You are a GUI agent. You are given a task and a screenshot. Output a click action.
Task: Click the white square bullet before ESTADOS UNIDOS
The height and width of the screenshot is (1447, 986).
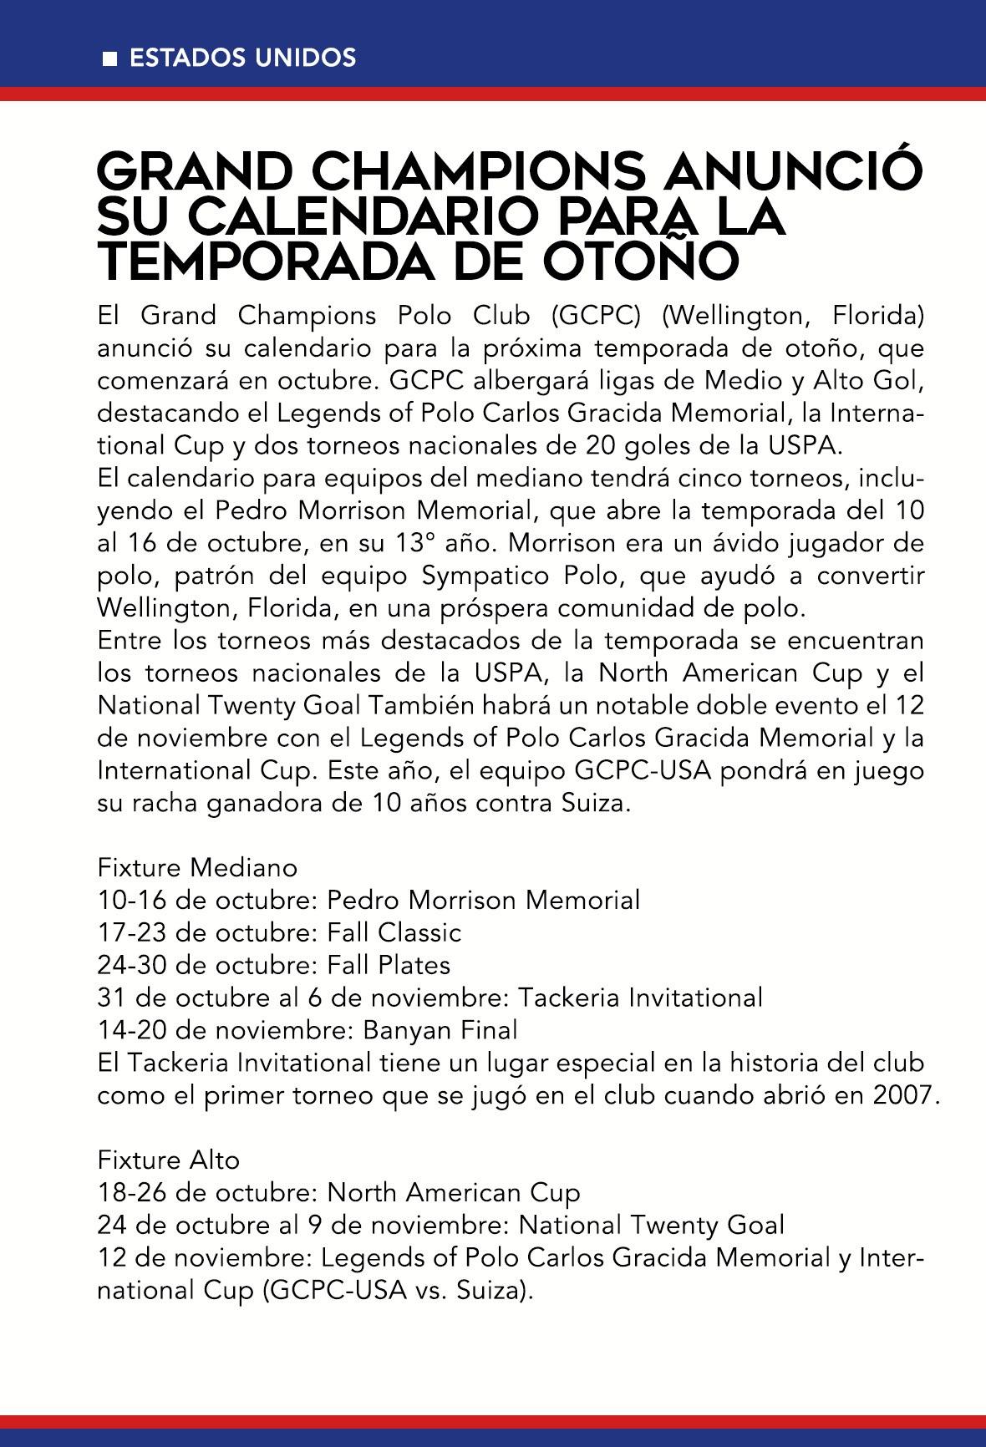(109, 58)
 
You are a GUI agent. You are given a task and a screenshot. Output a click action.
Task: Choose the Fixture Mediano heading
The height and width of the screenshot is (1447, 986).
(197, 867)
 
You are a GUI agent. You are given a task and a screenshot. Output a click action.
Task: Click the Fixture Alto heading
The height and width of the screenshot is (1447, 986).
(169, 1160)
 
